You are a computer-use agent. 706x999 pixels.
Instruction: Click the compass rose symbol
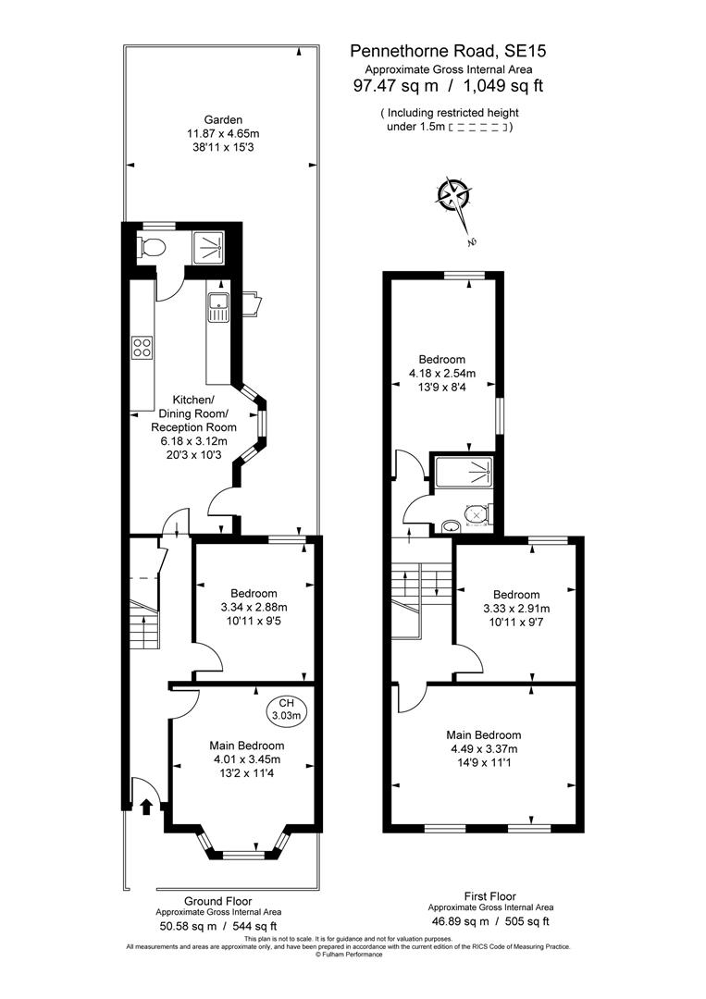pyautogui.click(x=454, y=196)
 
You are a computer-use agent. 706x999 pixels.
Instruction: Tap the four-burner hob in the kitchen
pyautogui.click(x=142, y=348)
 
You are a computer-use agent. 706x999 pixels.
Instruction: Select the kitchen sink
pyautogui.click(x=218, y=306)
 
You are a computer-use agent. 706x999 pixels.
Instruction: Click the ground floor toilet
pyautogui.click(x=151, y=247)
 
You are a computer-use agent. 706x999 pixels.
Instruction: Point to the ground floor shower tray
pyautogui.click(x=208, y=245)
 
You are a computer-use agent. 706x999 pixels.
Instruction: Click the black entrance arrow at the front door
pyautogui.click(x=145, y=807)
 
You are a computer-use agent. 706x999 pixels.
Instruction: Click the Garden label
pyautogui.click(x=223, y=119)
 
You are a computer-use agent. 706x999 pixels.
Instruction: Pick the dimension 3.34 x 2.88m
pyautogui.click(x=254, y=608)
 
